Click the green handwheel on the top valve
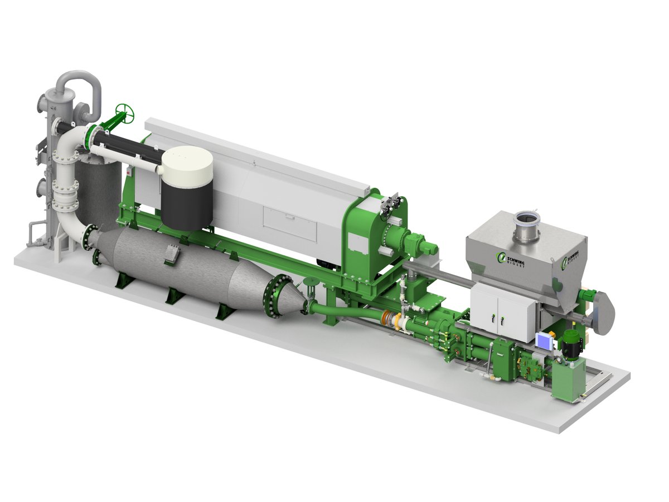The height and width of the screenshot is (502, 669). [x=125, y=114]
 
